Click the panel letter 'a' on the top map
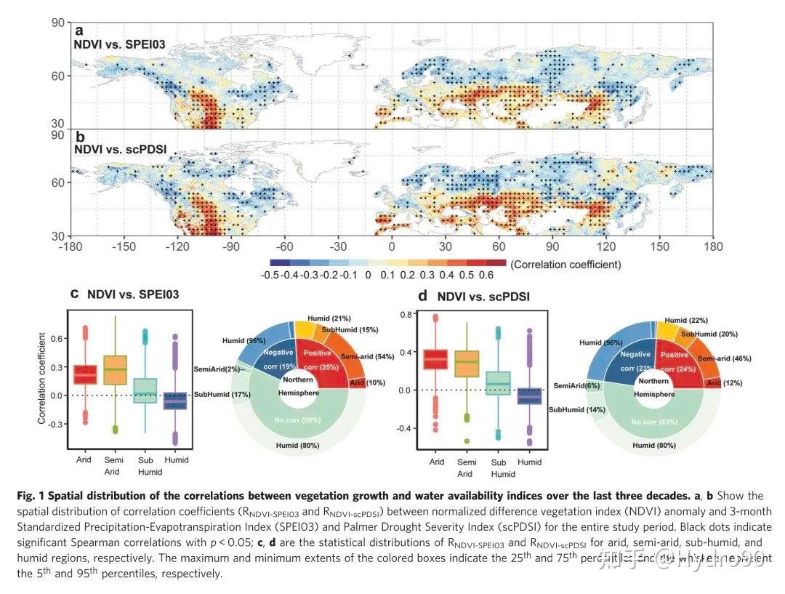pos(78,31)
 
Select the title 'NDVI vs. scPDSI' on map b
pos(121,149)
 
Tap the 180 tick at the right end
pos(714,246)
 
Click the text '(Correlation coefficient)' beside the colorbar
pos(565,265)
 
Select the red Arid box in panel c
pos(86,374)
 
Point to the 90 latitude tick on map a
pos(58,24)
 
